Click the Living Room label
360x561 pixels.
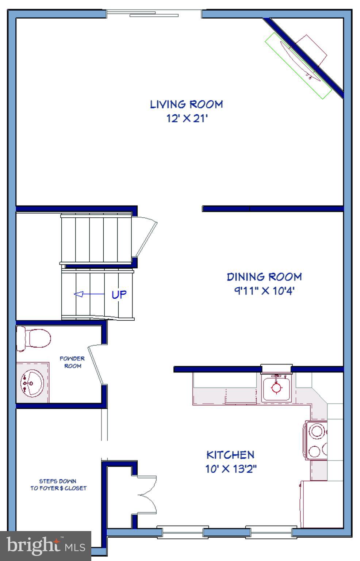[x=186, y=104]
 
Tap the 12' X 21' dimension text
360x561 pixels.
[x=187, y=119]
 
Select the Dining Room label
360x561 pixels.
[x=264, y=277]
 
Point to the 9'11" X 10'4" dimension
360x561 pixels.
[x=264, y=291]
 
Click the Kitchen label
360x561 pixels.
[x=230, y=455]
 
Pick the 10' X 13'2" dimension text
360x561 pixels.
[x=231, y=469]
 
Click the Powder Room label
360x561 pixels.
[x=72, y=362]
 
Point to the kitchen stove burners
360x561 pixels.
[x=316, y=441]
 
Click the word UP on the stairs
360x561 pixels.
[x=119, y=294]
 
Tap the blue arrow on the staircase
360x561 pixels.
[x=89, y=294]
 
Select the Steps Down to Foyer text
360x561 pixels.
[x=58, y=485]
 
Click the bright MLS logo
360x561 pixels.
[x=45, y=546]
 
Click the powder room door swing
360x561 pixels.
[x=97, y=364]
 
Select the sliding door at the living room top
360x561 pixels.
[x=154, y=14]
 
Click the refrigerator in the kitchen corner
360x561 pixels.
[x=322, y=504]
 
